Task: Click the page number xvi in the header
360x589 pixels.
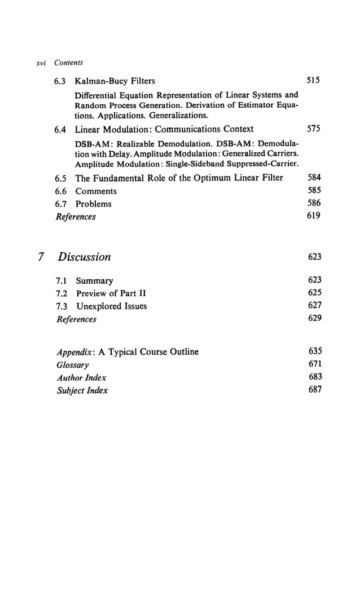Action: coord(40,63)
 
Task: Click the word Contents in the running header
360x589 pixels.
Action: coord(68,63)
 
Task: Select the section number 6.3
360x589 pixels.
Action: coord(60,81)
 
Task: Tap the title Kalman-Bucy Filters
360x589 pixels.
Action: coord(115,81)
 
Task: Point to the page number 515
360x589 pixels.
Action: coord(313,80)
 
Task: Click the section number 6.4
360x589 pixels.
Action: coord(60,130)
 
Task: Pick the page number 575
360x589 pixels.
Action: coord(313,129)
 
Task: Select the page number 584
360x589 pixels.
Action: coord(314,178)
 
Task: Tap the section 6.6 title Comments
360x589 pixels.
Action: coord(96,191)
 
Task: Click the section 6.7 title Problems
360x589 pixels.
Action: coord(93,204)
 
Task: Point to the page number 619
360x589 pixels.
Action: coord(314,216)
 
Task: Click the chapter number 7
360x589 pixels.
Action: coord(41,257)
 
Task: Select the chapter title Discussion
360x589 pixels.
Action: coord(84,257)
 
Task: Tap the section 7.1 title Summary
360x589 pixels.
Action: coord(94,280)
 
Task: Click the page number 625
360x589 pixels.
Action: coord(315,292)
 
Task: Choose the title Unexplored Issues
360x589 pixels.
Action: coord(111,306)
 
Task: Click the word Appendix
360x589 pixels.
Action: coord(76,352)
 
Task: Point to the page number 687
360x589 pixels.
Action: coord(315,389)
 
